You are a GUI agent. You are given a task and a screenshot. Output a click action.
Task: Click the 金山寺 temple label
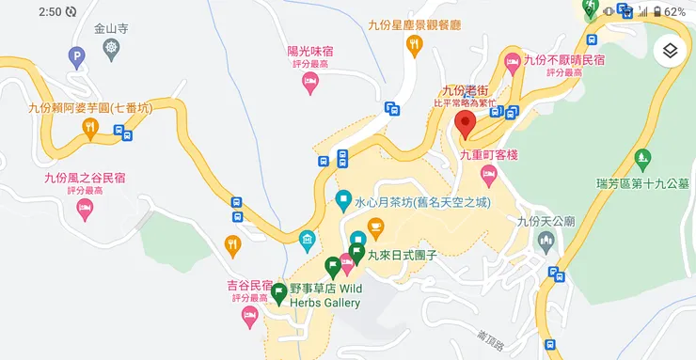112,29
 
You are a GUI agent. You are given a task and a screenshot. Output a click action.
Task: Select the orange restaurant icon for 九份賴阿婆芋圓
90,127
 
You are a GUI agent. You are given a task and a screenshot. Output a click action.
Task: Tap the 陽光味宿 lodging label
309,53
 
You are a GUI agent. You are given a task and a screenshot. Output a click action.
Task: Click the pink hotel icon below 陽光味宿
309,84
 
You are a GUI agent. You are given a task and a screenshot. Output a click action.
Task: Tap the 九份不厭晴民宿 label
563,60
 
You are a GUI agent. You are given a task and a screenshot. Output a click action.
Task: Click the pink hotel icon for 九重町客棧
488,174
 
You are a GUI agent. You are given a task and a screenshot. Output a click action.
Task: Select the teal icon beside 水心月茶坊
343,200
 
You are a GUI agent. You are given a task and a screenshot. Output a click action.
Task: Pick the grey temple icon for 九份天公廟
546,243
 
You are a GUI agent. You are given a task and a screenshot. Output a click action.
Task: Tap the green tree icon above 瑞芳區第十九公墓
643,158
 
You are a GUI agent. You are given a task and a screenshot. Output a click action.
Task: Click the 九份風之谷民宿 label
85,177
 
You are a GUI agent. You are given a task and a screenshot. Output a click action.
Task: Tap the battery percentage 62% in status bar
674,12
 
